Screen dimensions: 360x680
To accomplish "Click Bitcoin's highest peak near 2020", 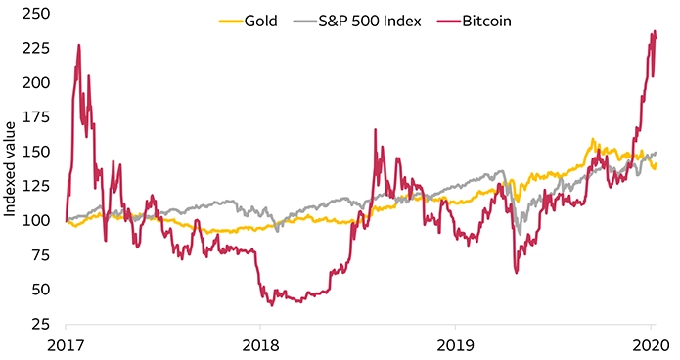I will [x=654, y=31].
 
